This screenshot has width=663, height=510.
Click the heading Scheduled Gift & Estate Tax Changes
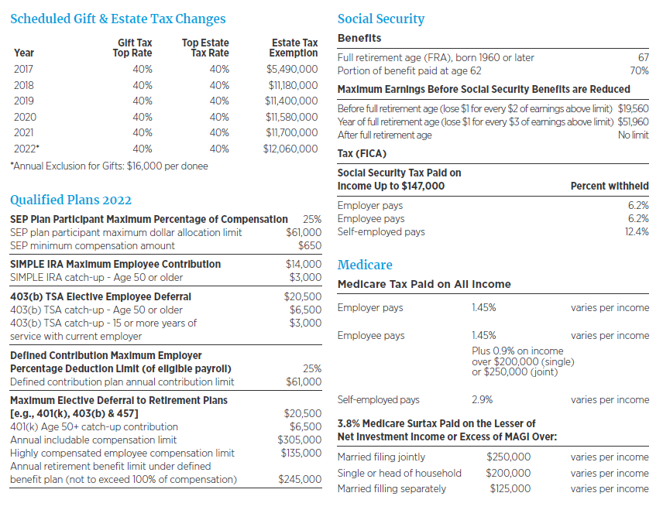pos(118,19)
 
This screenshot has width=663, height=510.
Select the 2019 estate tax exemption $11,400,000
pos(291,101)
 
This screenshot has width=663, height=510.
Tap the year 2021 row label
pos(24,133)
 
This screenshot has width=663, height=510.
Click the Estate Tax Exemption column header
pos(294,48)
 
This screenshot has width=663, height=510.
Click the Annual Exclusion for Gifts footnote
pos(109,165)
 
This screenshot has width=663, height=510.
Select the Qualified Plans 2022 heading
pos(70,200)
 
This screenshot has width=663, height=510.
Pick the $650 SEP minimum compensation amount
pos(310,246)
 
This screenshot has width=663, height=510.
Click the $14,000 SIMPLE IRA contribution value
pos(304,264)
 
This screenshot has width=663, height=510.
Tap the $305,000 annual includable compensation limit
pos(301,440)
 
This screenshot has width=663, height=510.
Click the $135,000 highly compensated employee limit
pos(301,453)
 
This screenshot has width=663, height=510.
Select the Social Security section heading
pos(381,19)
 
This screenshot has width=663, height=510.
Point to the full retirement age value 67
pos(643,58)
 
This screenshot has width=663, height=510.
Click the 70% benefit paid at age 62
pos(639,71)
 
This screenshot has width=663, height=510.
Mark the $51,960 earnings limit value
pos(633,122)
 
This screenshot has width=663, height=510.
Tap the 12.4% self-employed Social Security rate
pos(637,232)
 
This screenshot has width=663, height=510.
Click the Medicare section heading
pos(365,265)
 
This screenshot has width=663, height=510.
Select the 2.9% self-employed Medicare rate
pos(482,400)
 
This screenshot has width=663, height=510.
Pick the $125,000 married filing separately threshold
pos(510,489)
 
